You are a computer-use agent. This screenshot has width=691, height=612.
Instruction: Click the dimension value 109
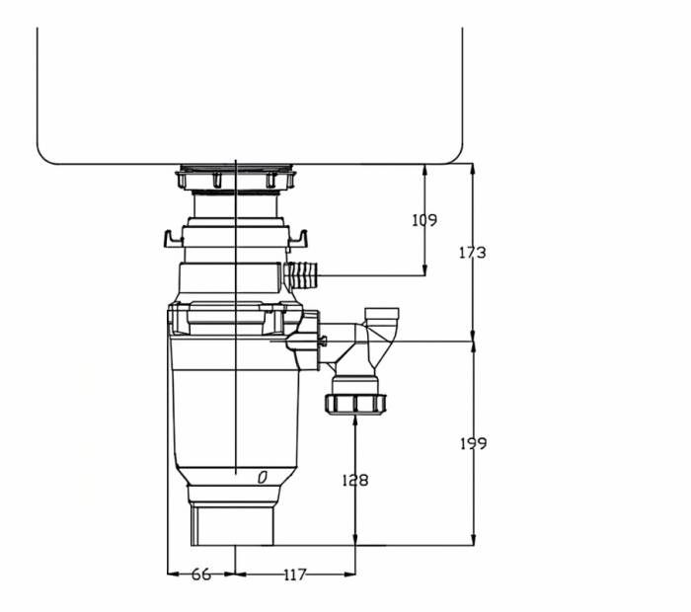(x=424, y=220)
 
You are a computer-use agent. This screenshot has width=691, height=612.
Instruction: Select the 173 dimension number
(x=473, y=253)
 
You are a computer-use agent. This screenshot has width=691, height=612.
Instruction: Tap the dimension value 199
(x=473, y=443)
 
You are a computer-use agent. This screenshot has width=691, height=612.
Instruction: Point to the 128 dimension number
(x=354, y=480)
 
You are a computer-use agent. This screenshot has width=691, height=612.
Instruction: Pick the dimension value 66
(x=201, y=574)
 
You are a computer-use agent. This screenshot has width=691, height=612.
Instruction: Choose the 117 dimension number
(x=295, y=574)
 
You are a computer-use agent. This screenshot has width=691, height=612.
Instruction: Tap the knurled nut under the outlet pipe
(x=355, y=403)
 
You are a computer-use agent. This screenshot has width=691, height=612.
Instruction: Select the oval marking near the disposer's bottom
(x=263, y=478)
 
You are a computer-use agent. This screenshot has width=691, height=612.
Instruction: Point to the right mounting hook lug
(x=299, y=238)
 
